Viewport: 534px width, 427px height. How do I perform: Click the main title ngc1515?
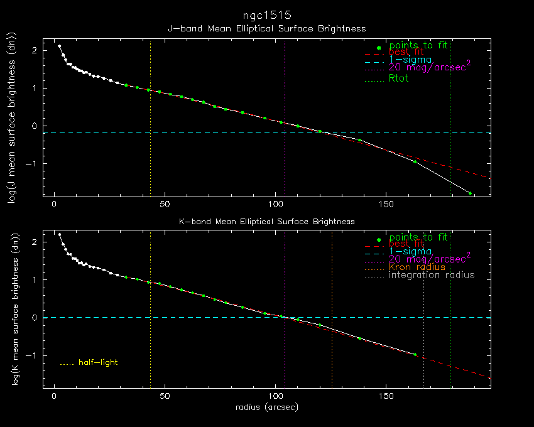click(266, 14)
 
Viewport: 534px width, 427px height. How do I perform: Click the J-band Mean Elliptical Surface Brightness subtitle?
click(266, 29)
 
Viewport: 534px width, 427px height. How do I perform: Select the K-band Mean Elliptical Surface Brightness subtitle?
click(266, 222)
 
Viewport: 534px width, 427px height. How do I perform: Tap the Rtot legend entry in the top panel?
click(398, 78)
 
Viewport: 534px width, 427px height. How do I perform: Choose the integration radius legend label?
click(432, 275)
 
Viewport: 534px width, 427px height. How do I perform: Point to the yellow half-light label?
click(98, 362)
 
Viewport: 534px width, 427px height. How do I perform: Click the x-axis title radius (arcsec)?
click(266, 408)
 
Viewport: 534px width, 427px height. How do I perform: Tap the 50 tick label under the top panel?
click(165, 205)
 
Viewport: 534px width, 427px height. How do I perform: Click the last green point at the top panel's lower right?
click(470, 193)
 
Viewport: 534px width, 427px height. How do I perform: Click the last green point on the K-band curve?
click(415, 355)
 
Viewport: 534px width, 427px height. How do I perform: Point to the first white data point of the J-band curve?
click(60, 46)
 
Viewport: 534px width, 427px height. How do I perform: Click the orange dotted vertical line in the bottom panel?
click(332, 314)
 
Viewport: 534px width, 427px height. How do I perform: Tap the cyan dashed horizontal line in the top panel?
click(188, 132)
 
